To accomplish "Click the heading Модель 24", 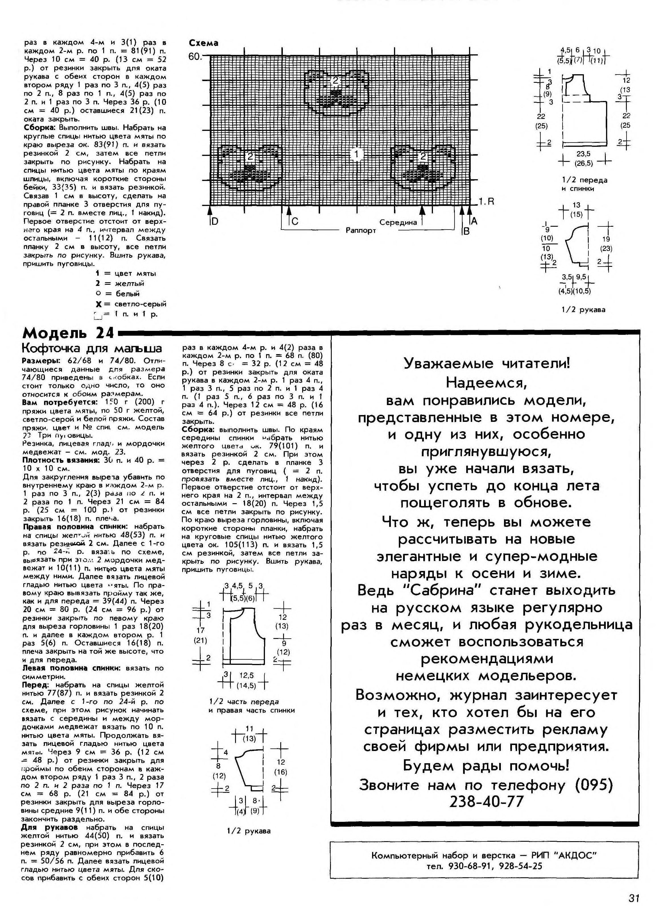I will click(68, 333).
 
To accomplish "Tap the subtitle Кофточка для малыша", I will click(92, 349).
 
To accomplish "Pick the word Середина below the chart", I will click(398, 222).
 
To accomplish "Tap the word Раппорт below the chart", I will click(360, 230).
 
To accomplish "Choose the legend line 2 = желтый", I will click(120, 283).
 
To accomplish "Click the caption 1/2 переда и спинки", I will click(584, 184).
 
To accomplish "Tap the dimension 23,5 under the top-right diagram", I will click(583, 154).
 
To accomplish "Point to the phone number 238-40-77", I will click(486, 801).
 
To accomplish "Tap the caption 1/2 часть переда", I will click(243, 701).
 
